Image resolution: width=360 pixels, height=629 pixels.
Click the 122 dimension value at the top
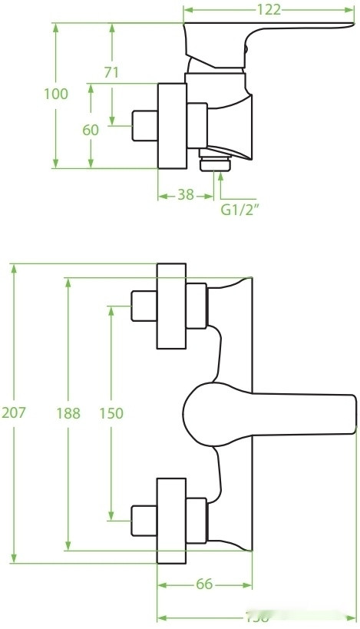click(269, 9)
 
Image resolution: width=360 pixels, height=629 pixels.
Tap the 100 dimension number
click(56, 94)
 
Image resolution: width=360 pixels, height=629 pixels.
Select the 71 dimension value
click(111, 72)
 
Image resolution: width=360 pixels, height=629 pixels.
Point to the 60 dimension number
click(91, 129)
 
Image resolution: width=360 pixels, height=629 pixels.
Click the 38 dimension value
click(185, 194)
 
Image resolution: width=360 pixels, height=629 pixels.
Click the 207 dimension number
click(14, 412)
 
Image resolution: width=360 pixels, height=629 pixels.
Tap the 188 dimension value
click(68, 412)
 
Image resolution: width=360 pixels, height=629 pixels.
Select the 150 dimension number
click(111, 412)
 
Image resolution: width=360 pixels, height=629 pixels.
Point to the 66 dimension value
click(203, 584)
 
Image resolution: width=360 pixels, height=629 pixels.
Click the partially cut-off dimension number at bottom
click(257, 618)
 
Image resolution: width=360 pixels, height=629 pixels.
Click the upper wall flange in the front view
click(171, 306)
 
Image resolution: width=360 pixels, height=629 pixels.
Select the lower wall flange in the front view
click(171, 521)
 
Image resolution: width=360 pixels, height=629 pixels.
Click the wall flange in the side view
click(172, 125)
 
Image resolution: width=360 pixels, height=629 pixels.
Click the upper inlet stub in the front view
click(144, 306)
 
